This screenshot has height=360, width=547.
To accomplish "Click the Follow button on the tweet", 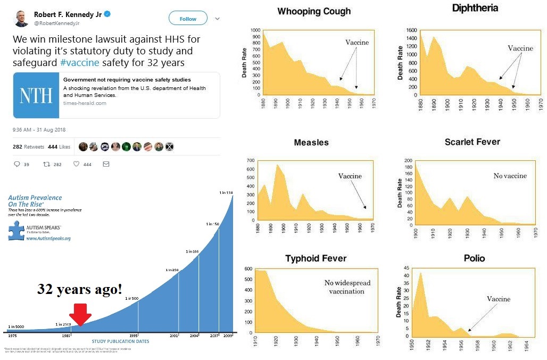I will tap(188, 19).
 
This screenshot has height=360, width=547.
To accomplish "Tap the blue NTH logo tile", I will tap(36, 95).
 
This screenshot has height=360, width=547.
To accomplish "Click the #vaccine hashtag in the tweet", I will tap(79, 62).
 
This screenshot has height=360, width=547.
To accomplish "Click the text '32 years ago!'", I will tap(79, 289).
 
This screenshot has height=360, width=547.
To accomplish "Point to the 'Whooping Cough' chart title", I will tap(314, 11).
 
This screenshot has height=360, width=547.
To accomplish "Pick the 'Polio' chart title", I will tap(474, 258).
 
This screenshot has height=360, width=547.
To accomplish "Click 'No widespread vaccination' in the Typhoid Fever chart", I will tap(347, 287).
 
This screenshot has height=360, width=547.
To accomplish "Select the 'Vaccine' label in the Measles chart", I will tap(350, 176).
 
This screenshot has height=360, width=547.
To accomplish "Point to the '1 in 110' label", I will tap(226, 192).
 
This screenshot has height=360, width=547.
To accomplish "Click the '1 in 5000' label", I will tap(16, 326).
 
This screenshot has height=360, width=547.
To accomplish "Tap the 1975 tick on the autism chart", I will tap(13, 336).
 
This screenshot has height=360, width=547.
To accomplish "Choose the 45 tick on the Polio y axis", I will tap(406, 268).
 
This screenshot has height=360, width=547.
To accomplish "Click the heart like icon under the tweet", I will tap(77, 165).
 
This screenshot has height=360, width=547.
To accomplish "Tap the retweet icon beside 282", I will tap(46, 165).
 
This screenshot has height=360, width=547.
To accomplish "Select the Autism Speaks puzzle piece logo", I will tap(15, 230).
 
